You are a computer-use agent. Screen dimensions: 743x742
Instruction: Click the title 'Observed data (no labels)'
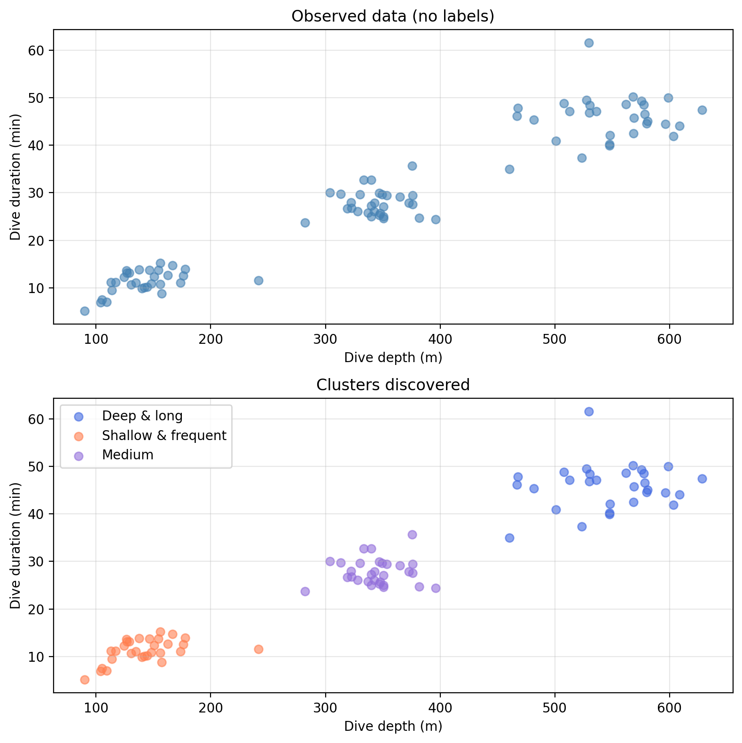tap(393, 16)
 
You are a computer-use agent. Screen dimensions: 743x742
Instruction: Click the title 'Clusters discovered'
tap(393, 385)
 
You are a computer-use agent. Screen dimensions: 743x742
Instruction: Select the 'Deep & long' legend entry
tap(142, 416)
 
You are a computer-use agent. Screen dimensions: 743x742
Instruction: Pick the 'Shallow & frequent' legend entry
tap(164, 435)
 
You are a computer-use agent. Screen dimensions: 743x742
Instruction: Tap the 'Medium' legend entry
tap(127, 455)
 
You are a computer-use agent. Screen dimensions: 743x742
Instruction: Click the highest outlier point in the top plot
tap(589, 43)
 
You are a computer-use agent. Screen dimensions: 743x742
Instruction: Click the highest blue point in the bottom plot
tap(589, 411)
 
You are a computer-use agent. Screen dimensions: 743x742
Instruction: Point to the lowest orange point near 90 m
tap(85, 680)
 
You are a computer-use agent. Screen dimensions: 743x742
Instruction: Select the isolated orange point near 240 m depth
tap(258, 649)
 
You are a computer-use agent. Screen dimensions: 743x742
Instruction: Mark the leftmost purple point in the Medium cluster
tap(305, 591)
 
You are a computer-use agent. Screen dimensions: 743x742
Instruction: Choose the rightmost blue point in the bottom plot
tap(702, 479)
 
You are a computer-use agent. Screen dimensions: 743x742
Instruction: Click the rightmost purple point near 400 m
tap(436, 588)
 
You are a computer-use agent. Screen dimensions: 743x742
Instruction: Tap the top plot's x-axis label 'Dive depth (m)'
tap(393, 358)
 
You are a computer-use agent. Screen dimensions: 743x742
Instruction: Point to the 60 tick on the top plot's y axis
tap(39, 50)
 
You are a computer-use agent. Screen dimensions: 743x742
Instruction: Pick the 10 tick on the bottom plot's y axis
tap(39, 657)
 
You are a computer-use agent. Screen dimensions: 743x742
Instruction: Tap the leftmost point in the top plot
tap(85, 311)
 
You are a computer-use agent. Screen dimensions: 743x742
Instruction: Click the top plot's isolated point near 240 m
tap(258, 280)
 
